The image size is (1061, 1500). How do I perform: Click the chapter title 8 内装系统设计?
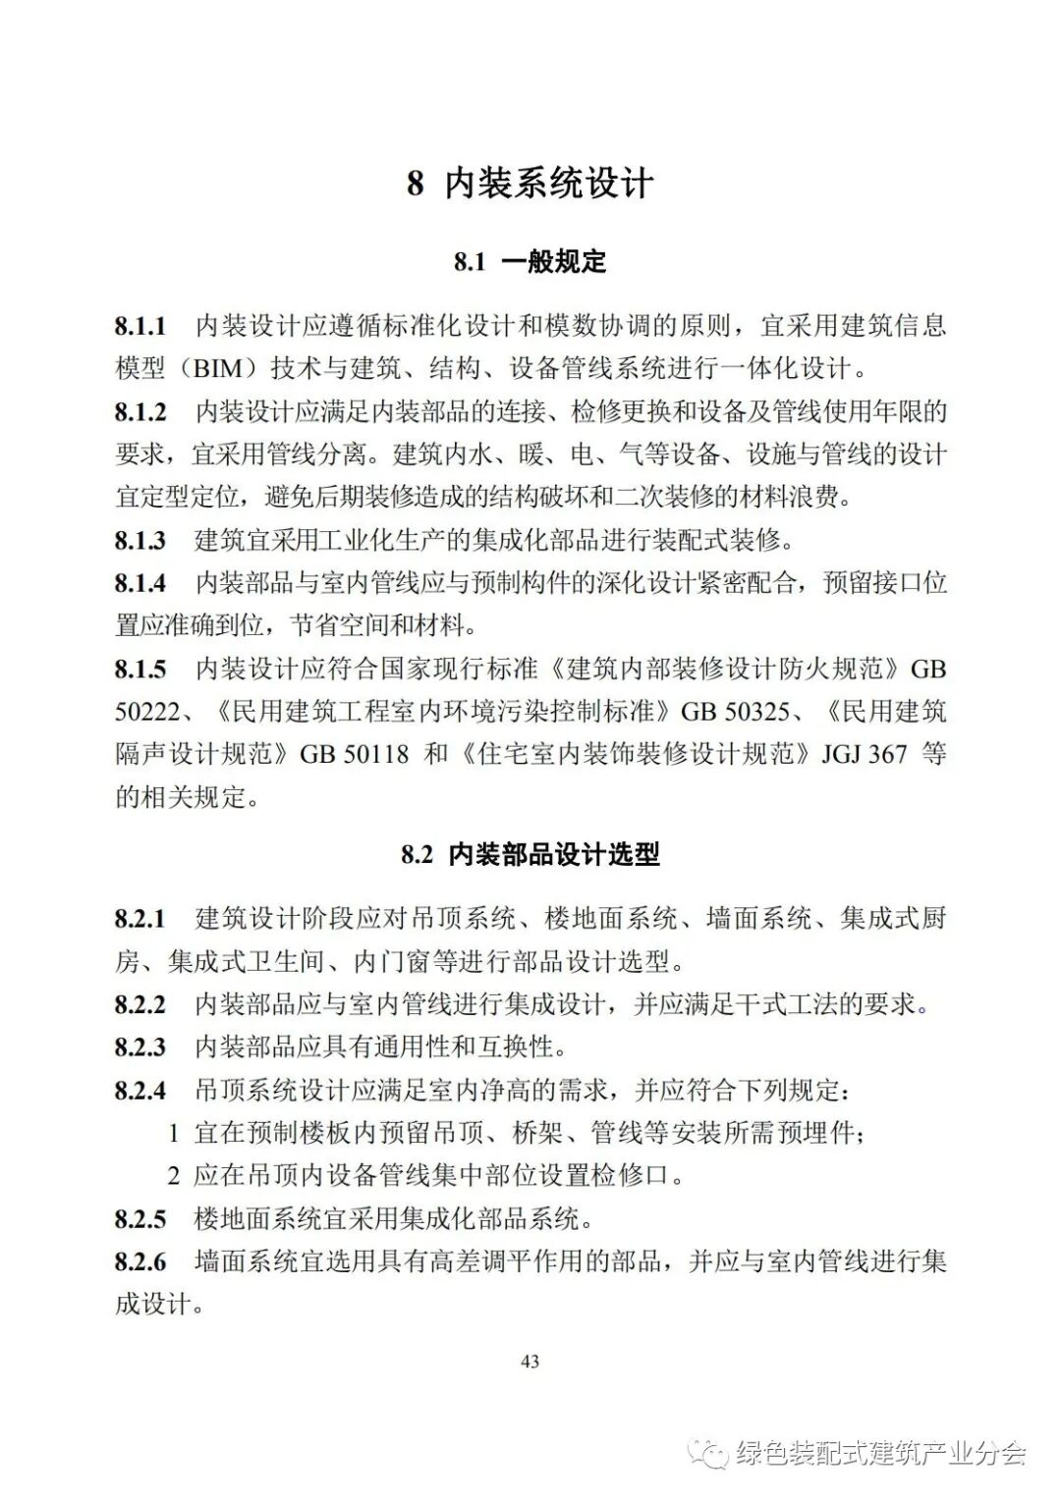tap(530, 184)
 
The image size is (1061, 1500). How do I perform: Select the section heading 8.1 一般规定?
tap(530, 262)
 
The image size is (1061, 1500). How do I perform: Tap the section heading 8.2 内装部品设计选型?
tap(530, 854)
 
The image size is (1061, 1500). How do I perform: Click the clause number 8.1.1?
tap(140, 326)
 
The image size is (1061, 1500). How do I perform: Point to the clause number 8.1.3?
tap(140, 540)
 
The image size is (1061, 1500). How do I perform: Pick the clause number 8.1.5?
tap(140, 670)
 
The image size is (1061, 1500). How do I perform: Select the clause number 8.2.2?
tap(140, 1004)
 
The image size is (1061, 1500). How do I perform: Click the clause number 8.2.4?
tap(140, 1091)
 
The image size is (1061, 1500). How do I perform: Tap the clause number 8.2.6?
tap(140, 1261)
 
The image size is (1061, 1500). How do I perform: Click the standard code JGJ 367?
tap(865, 755)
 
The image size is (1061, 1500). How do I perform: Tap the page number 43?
tap(530, 1362)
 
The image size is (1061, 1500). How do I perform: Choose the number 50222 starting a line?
tap(146, 712)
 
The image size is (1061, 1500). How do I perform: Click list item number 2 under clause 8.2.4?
tap(174, 1175)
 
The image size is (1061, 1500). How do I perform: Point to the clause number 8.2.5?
tap(140, 1219)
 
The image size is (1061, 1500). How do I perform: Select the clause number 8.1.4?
tap(140, 583)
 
